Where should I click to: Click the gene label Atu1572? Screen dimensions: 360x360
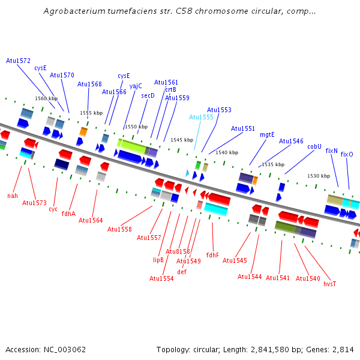pyautogui.click(x=18, y=61)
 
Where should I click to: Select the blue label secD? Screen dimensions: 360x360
pyautogui.click(x=148, y=95)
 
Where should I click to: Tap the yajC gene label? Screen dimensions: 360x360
pyautogui.click(x=136, y=86)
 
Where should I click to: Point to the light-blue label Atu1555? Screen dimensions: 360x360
pyautogui.click(x=201, y=117)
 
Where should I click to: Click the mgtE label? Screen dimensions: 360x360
pyautogui.click(x=267, y=134)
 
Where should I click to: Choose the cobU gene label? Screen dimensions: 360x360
pyautogui.click(x=314, y=146)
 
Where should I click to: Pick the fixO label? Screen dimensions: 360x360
pyautogui.click(x=347, y=154)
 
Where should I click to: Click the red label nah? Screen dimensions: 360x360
pyautogui.click(x=13, y=196)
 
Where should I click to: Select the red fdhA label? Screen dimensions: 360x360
pyautogui.click(x=68, y=213)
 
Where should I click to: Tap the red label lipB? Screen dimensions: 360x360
pyautogui.click(x=158, y=260)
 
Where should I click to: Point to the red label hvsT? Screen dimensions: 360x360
pyautogui.click(x=330, y=284)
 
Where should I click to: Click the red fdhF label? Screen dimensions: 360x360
pyautogui.click(x=212, y=255)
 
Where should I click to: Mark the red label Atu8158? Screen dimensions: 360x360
pyautogui.click(x=178, y=251)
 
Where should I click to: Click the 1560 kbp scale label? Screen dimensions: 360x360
pyautogui.click(x=46, y=98)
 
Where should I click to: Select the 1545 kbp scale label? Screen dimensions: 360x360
pyautogui.click(x=182, y=140)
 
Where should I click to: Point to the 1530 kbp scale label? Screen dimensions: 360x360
pyautogui.click(x=318, y=176)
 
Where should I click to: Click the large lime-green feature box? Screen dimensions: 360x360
pyautogui.click(x=131, y=145)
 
